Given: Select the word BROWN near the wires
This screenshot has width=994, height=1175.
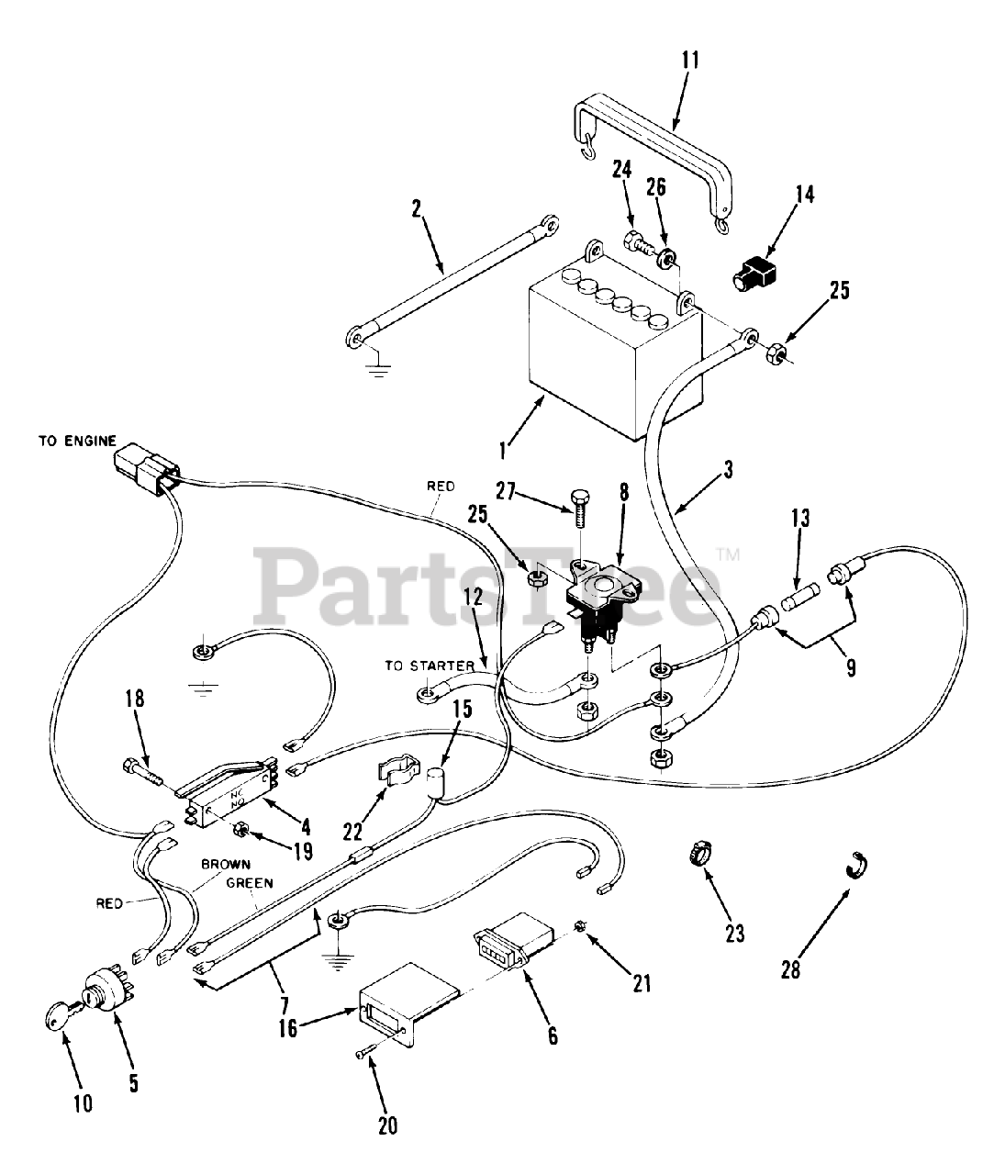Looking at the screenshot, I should pyautogui.click(x=225, y=865).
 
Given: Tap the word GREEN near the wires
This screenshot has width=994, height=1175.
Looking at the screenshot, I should pyautogui.click(x=251, y=883).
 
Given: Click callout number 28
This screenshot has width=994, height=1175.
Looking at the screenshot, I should pyautogui.click(x=790, y=968).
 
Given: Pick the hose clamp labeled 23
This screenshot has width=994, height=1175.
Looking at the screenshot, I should pyautogui.click(x=698, y=854).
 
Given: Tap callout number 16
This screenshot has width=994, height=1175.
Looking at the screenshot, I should pyautogui.click(x=288, y=1029).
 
